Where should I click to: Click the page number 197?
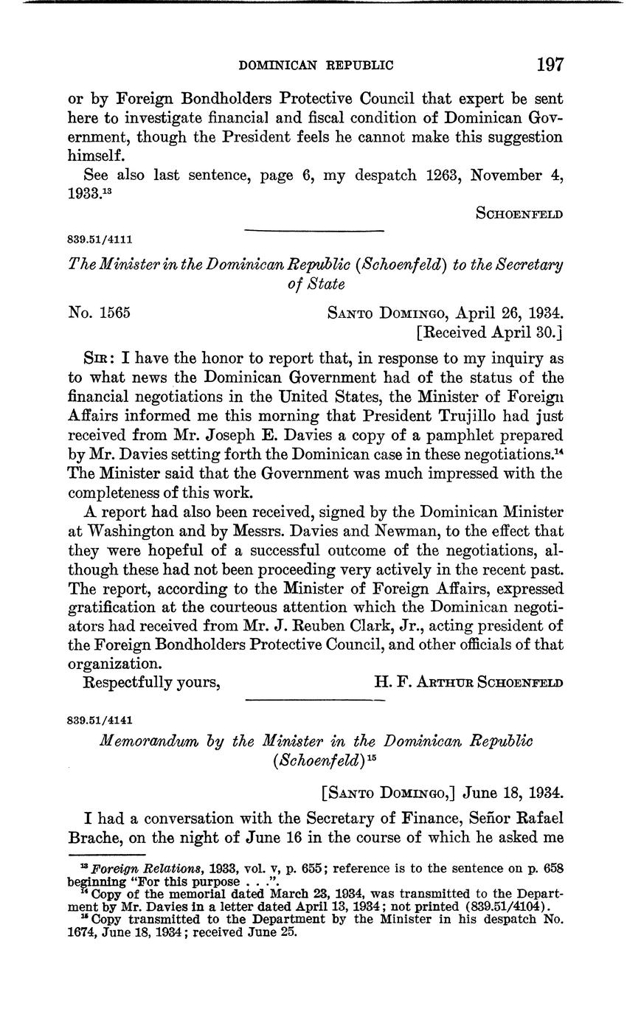[550, 64]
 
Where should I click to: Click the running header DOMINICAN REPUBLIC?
[316, 66]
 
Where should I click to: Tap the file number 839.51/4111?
[100, 238]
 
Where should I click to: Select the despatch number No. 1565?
[99, 312]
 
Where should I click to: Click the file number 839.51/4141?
[100, 719]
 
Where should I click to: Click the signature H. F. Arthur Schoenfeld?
[468, 682]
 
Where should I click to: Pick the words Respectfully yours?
[153, 682]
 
